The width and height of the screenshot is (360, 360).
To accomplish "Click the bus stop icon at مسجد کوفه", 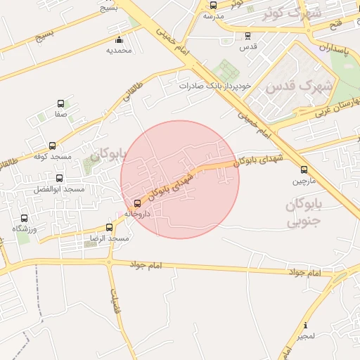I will click(53, 146).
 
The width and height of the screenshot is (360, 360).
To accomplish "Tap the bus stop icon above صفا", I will click(60, 103).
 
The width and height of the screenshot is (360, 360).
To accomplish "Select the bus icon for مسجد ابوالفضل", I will click(59, 179).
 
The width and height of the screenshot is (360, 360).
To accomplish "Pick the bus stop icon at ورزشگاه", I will click(25, 219).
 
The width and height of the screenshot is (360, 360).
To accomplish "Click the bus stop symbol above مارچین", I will click(304, 169).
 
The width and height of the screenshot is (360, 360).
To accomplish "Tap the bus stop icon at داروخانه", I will click(137, 204).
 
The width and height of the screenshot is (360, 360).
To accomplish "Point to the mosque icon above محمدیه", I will click(119, 39).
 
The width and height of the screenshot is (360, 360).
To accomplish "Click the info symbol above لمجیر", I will click(305, 326).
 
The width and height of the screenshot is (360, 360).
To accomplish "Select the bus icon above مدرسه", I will click(214, 5).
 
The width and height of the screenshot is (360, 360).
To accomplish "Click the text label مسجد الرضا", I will click(108, 239).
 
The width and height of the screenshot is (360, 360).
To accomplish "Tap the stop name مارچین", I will click(304, 181).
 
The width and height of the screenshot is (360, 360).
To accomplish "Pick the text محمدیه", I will click(119, 51).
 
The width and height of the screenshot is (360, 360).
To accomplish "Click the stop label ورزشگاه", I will click(25, 229).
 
